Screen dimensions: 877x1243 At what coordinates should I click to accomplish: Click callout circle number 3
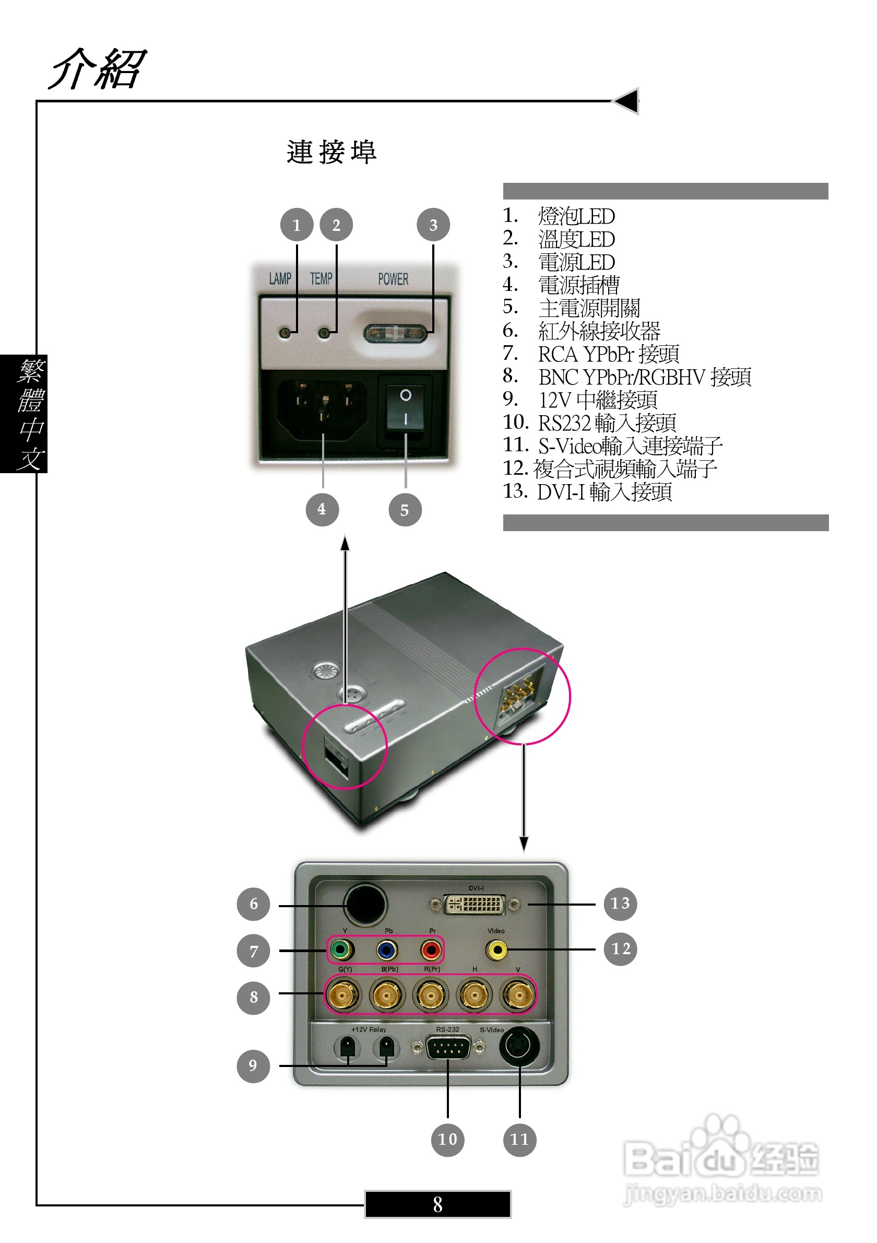coord(433,225)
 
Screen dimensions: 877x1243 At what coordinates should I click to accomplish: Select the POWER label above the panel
coord(393,279)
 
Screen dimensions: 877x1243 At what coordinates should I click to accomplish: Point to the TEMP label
coord(321,278)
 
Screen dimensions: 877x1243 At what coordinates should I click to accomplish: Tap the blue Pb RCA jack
coord(386,949)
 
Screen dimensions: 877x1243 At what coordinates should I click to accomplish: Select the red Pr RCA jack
coord(431,949)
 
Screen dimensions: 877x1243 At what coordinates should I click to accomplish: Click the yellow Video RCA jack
coord(496,949)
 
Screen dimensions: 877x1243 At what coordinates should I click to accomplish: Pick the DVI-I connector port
coord(475,904)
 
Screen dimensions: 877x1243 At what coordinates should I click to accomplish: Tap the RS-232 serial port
coord(447,1048)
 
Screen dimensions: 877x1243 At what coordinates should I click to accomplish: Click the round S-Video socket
coord(519,1046)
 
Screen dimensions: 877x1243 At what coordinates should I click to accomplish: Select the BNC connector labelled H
coord(475,994)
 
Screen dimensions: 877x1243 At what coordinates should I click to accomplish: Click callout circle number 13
coord(620,903)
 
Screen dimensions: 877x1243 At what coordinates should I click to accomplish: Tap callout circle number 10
coord(447,1139)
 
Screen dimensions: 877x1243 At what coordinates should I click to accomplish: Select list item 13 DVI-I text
coord(604,491)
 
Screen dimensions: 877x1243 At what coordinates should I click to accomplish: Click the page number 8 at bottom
coord(437,1204)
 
